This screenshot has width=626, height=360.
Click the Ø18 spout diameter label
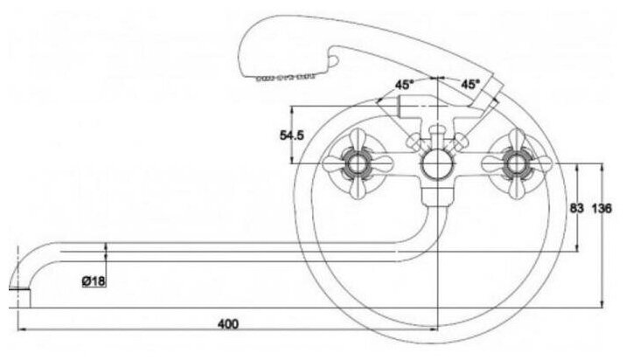point(94,280)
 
